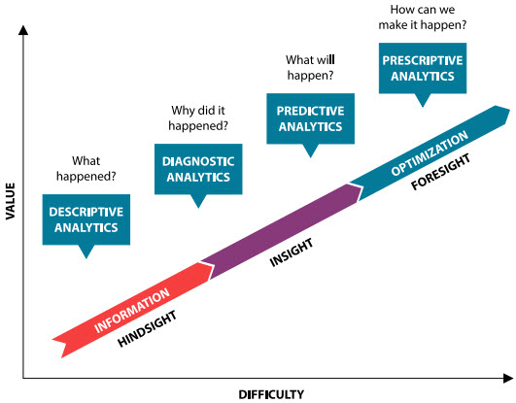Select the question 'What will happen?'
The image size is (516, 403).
[x=307, y=67]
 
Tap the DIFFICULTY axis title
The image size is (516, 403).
[x=271, y=393]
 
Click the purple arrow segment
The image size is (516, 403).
[x=282, y=226]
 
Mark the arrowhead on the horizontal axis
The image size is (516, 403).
[x=507, y=378]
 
